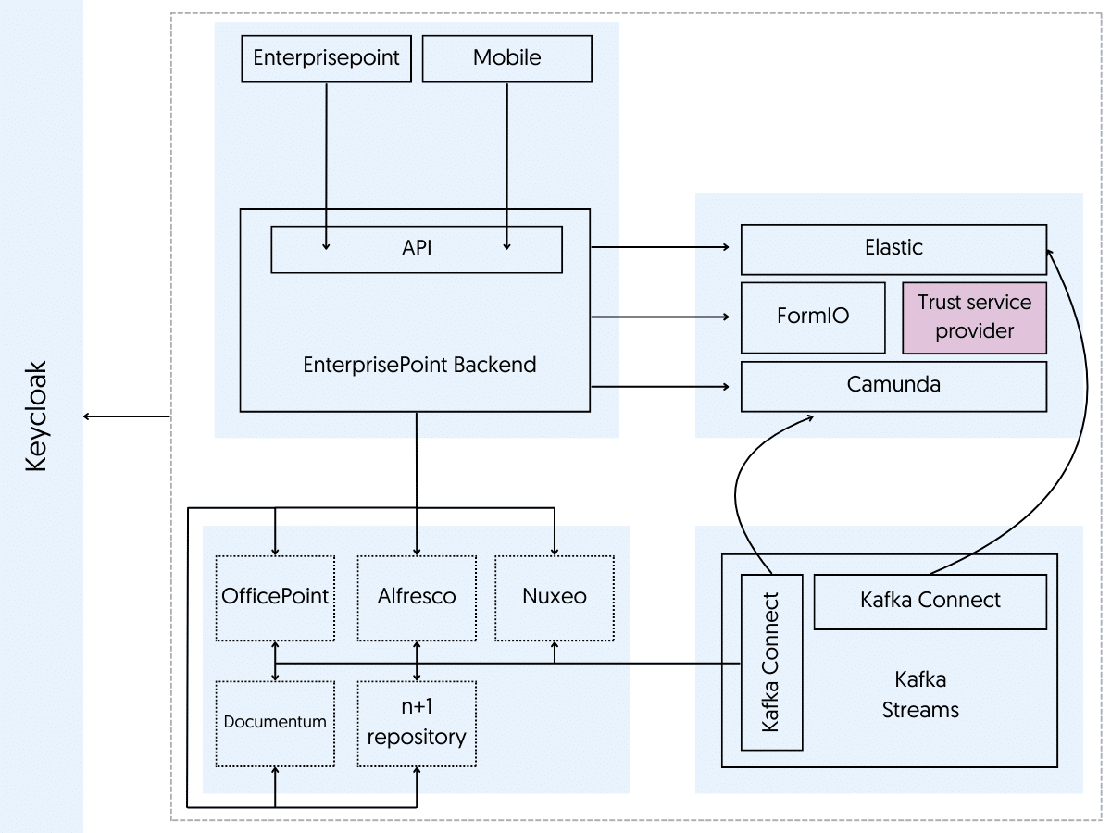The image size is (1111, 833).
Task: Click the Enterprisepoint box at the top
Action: tap(326, 58)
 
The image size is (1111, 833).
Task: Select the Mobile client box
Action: tap(506, 58)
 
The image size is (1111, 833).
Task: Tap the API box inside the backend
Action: tap(416, 249)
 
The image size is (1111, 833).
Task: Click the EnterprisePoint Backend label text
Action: tap(419, 364)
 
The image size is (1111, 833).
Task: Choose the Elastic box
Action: tap(893, 248)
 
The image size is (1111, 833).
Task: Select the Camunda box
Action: tap(893, 385)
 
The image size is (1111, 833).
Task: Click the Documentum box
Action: tap(275, 723)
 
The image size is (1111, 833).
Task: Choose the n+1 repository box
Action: tap(417, 723)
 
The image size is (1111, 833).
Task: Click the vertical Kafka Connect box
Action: tap(770, 661)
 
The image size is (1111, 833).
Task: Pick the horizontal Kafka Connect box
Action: tap(930, 600)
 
